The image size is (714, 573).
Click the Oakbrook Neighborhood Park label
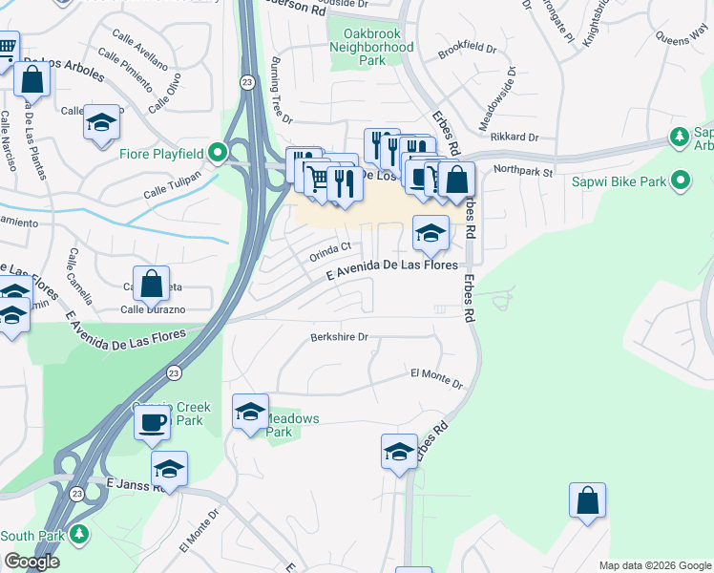tap(371, 47)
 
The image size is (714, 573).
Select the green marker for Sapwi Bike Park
tap(681, 180)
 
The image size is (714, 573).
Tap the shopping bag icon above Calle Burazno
tap(151, 283)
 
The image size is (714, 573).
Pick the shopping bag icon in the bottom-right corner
tap(587, 500)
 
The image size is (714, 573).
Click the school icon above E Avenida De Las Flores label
tap(430, 232)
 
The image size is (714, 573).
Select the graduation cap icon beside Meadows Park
tap(250, 412)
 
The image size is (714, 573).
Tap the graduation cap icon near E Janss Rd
tap(169, 468)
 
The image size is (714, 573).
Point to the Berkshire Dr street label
tap(339, 337)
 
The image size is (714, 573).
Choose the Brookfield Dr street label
tap(468, 47)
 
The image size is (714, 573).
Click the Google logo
tap(31, 562)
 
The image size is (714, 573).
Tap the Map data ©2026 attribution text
tap(654, 565)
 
